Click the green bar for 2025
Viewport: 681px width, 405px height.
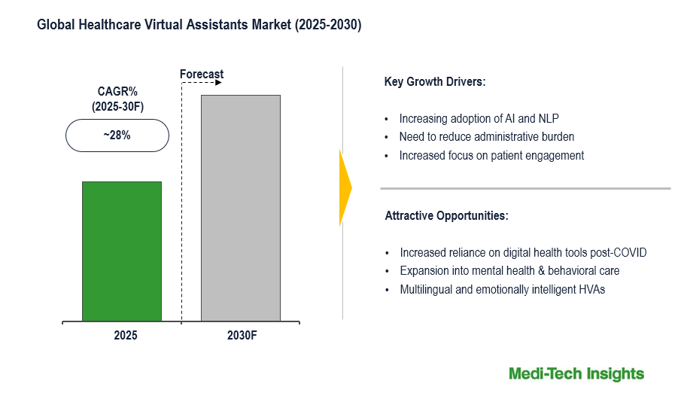coord(122,251)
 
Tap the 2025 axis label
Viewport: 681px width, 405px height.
coord(125,336)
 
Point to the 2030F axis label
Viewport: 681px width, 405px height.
coord(242,336)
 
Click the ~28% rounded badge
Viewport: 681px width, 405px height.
coord(117,136)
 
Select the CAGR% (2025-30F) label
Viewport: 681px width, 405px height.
coord(117,99)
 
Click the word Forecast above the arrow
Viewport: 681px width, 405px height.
coord(202,74)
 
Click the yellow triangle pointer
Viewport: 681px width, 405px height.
coord(345,187)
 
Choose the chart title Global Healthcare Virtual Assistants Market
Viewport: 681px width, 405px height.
coord(199,26)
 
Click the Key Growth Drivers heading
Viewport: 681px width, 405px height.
coord(435,82)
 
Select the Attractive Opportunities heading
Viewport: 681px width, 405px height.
coord(446,216)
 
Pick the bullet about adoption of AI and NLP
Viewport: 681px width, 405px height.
coord(479,118)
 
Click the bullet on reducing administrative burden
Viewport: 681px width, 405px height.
coord(486,137)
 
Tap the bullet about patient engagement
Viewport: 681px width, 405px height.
coord(491,156)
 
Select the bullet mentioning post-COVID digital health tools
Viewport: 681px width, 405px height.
coord(523,252)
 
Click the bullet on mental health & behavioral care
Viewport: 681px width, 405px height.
coord(509,270)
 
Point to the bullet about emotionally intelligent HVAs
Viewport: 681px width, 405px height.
coord(502,289)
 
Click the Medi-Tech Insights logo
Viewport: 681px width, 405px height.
coord(576,373)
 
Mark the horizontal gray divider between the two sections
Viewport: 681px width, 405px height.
coord(525,188)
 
